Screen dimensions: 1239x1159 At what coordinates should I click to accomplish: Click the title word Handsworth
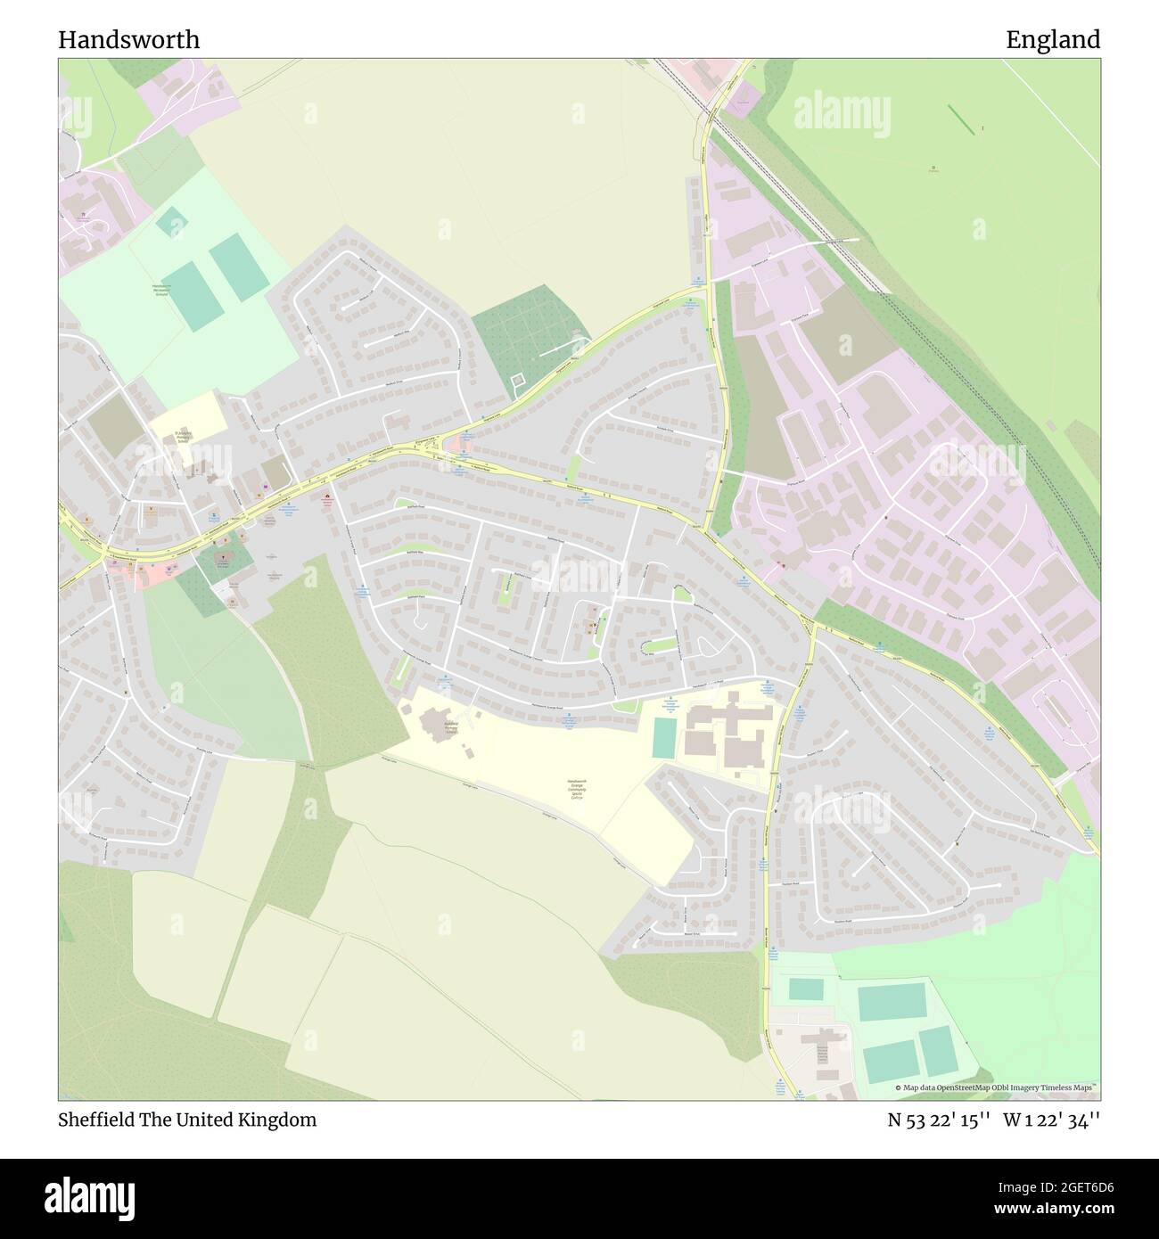click(x=129, y=40)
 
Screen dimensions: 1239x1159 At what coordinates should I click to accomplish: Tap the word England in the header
click(x=1053, y=40)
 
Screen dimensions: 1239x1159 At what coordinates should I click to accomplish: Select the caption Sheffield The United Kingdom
click(x=187, y=1120)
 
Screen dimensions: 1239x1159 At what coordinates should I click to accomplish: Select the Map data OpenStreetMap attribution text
click(x=999, y=1087)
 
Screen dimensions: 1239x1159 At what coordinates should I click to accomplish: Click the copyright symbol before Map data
click(x=899, y=1087)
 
